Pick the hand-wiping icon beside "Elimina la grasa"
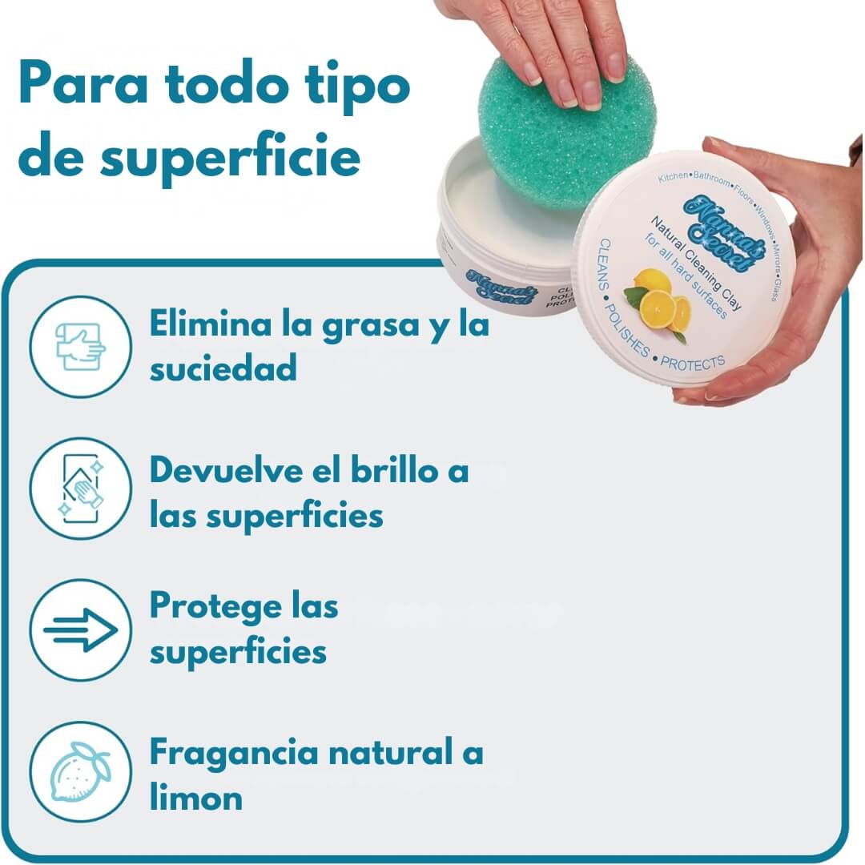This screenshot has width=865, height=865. pos(81,347)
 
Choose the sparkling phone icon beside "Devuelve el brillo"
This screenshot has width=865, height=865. pos(81,489)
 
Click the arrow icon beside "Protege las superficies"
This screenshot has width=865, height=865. pos(81,630)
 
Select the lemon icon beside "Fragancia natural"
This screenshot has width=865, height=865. pos(81,772)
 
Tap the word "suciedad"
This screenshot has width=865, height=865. pos(223,369)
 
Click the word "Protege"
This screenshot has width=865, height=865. pos(208,607)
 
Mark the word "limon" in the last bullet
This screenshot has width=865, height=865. pos(196,798)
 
